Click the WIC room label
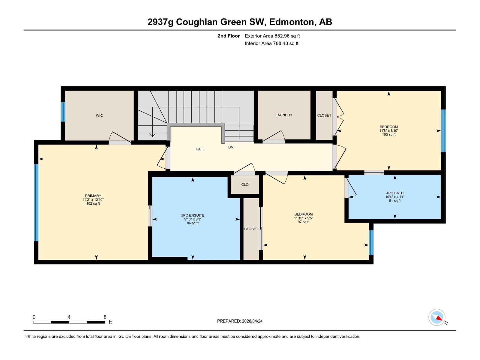pos(99,115)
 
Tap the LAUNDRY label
pos(284,115)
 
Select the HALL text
pos(200,149)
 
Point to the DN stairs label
pos(231,147)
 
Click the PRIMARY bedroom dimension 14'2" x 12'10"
pos(93,199)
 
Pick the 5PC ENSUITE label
pos(193,215)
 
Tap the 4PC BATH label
pos(395,193)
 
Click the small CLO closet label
pos(245,184)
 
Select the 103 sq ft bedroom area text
pos(388,134)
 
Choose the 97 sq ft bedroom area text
pos(303,222)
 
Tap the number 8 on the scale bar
pos(105,317)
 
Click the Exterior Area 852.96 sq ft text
pos(272,36)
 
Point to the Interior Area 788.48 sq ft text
pos(271,43)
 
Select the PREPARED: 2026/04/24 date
pos(240,321)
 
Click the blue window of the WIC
pos(63,112)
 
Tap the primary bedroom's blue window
pos(36,202)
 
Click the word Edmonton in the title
pos(292,22)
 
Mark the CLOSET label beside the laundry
pos(324,115)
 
